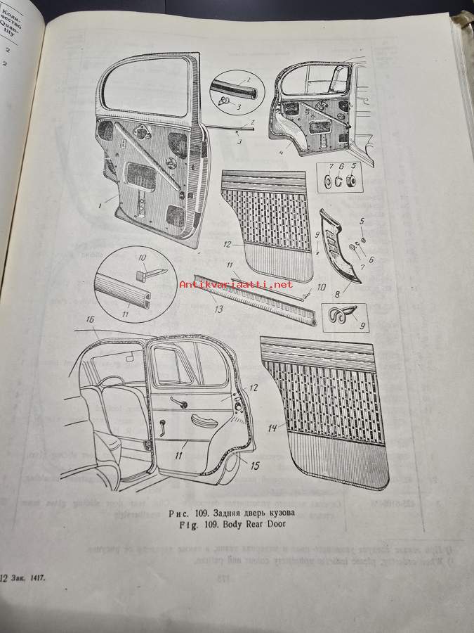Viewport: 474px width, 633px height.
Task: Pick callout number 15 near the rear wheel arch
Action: click(256, 465)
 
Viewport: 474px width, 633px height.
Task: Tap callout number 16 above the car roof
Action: click(90, 320)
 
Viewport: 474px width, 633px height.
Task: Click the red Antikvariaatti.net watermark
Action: click(236, 284)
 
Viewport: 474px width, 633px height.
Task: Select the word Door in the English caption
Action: click(273, 523)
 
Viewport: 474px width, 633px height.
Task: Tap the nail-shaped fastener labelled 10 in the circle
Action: click(143, 270)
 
